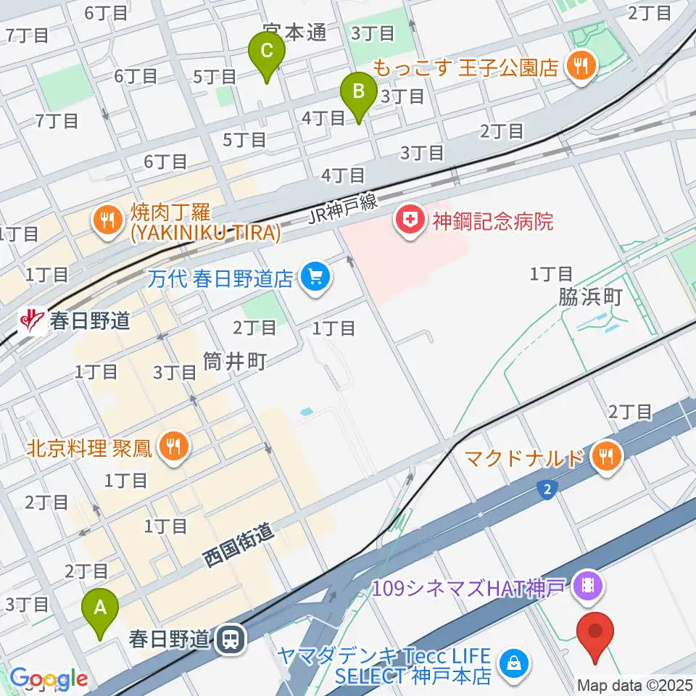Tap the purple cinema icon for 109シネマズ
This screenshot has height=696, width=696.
(x=587, y=585)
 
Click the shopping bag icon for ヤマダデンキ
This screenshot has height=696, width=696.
(x=514, y=661)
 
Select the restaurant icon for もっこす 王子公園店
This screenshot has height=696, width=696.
(x=581, y=67)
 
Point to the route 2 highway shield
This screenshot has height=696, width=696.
(x=548, y=491)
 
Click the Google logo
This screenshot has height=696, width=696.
(x=49, y=678)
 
